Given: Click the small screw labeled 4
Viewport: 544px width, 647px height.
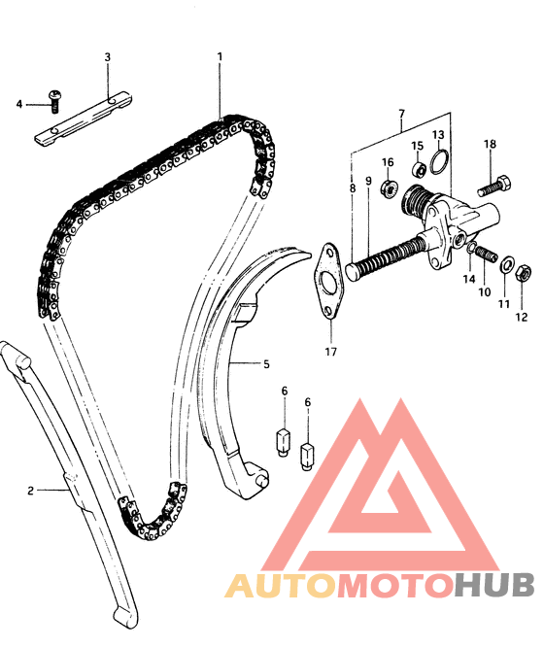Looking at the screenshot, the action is pyautogui.click(x=54, y=101).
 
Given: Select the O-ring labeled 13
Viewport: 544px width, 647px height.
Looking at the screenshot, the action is pyautogui.click(x=439, y=162).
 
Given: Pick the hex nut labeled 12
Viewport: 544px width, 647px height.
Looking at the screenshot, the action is pyautogui.click(x=524, y=272).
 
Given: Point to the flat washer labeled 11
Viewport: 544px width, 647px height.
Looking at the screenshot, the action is pyautogui.click(x=506, y=264).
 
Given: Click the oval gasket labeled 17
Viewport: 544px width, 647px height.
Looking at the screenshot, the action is pyautogui.click(x=328, y=281).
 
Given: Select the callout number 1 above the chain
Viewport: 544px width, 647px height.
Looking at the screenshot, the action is pyautogui.click(x=220, y=56).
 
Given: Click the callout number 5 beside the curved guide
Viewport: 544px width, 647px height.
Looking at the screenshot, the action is pyautogui.click(x=266, y=364).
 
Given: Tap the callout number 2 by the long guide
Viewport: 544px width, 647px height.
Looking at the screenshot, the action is pyautogui.click(x=30, y=491).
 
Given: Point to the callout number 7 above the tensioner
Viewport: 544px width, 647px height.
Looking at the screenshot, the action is pyautogui.click(x=401, y=113).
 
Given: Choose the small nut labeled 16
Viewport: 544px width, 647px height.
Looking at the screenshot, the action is pyautogui.click(x=390, y=188).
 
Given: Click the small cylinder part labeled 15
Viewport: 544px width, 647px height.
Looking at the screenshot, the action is pyautogui.click(x=420, y=169).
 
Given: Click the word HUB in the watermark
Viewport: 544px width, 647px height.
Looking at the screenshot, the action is pyautogui.click(x=494, y=584).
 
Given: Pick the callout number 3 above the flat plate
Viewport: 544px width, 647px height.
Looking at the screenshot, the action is pyautogui.click(x=107, y=57).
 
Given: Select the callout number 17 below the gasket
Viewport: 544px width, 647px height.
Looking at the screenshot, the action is pyautogui.click(x=330, y=352).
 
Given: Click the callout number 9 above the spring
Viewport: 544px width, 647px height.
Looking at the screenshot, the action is pyautogui.click(x=368, y=181).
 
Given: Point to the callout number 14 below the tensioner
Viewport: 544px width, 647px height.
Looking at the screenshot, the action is pyautogui.click(x=469, y=279).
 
